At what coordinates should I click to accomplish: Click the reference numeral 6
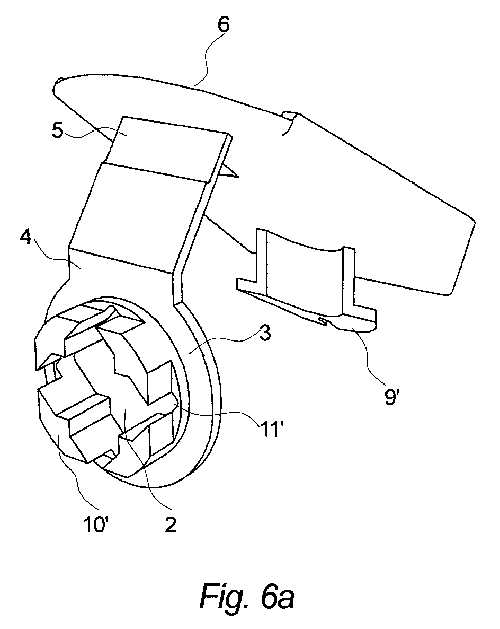(224, 24)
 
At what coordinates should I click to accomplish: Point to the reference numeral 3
(264, 334)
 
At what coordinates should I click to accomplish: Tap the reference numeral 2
(171, 525)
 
